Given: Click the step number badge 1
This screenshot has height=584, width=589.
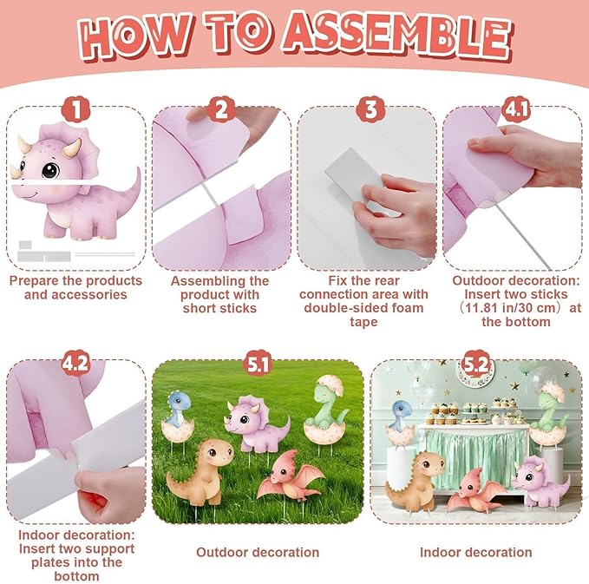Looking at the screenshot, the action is pyautogui.click(x=75, y=109).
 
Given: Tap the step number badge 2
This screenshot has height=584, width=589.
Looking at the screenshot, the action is pyautogui.click(x=221, y=109).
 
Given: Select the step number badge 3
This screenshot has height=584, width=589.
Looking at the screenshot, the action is pyautogui.click(x=370, y=109).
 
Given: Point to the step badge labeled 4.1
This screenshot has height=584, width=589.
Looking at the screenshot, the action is pyautogui.click(x=516, y=109).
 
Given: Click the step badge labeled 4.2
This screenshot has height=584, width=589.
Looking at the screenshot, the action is pyautogui.click(x=75, y=364).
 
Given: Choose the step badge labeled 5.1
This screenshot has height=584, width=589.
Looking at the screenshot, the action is pyautogui.click(x=258, y=364).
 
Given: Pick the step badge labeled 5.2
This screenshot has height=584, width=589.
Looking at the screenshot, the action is pyautogui.click(x=475, y=364).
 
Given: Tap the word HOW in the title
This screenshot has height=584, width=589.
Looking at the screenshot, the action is pyautogui.click(x=135, y=36).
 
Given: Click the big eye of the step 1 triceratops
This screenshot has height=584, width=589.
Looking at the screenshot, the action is pyautogui.click(x=50, y=170).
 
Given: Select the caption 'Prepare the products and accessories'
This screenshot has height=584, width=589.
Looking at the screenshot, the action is pyautogui.click(x=75, y=287).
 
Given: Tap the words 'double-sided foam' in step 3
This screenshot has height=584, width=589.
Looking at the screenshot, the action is pyautogui.click(x=363, y=308).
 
